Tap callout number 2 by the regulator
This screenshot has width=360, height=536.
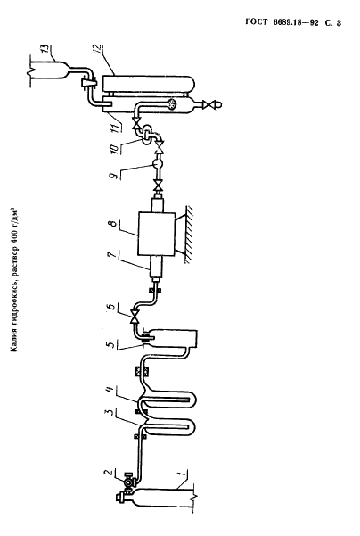point(109,473)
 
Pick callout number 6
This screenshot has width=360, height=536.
point(111,306)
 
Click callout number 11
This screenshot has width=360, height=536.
point(115,128)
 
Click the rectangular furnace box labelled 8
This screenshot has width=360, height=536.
point(157,234)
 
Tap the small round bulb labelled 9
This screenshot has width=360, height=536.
point(158,164)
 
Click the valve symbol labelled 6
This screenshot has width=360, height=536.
point(135,316)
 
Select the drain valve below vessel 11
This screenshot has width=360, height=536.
point(208,104)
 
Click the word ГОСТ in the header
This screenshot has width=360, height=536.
point(257,22)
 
